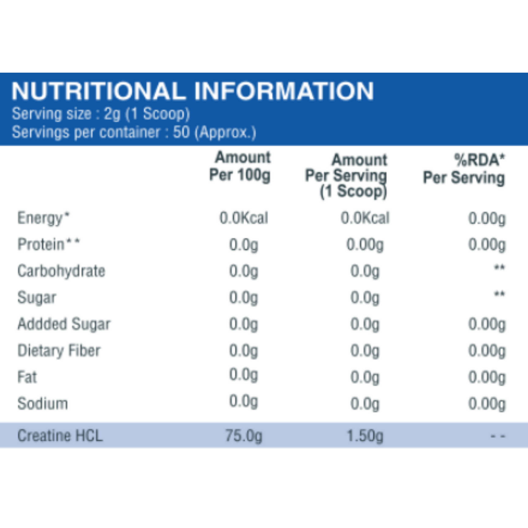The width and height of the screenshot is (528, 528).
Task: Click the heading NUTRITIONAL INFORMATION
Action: click(192, 91)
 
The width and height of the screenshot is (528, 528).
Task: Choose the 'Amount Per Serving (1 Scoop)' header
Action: click(346, 176)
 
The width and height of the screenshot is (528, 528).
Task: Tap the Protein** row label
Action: click(49, 244)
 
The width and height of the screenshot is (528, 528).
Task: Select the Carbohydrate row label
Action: click(61, 271)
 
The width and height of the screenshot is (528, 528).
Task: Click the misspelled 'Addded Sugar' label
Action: click(64, 324)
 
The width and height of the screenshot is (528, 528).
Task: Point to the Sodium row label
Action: click(43, 403)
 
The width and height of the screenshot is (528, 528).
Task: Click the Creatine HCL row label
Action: click(60, 435)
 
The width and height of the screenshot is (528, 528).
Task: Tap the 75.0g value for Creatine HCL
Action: click(244, 435)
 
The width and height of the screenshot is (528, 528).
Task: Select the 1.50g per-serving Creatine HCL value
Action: click(365, 435)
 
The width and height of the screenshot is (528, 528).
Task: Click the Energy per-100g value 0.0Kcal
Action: click(244, 218)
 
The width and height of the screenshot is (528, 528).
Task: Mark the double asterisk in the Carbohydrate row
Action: click(499, 268)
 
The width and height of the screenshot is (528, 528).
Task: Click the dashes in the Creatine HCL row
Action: click(498, 436)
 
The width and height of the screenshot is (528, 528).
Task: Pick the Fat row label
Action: click(27, 377)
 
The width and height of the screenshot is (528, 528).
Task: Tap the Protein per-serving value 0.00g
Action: click(365, 244)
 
